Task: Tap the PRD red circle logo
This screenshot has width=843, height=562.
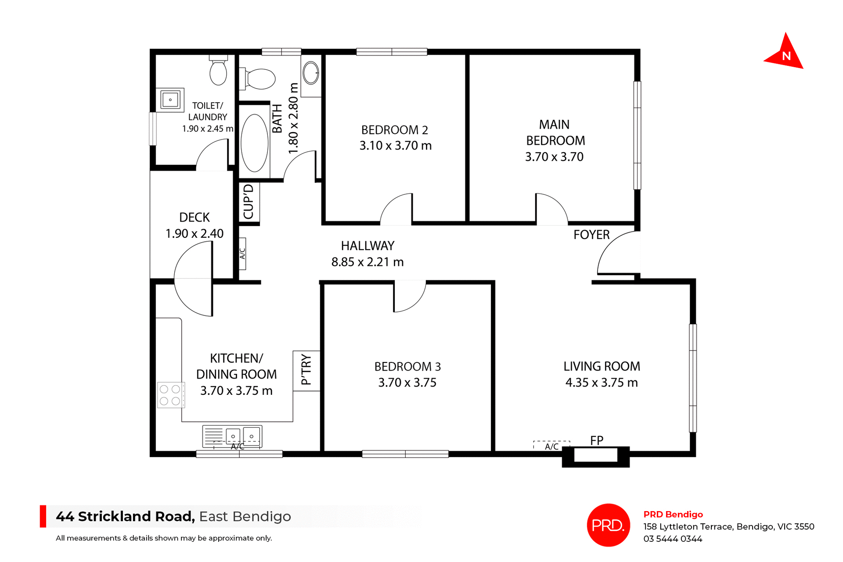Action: click(608, 525)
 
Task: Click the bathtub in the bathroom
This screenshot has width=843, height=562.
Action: click(255, 143)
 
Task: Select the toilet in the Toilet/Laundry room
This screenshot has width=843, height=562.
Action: click(218, 72)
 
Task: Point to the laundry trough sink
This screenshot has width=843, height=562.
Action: click(170, 100)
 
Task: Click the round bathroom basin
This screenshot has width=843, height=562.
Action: click(311, 72)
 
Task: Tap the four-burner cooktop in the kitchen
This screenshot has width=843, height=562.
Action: click(170, 395)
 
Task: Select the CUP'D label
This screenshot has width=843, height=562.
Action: click(249, 202)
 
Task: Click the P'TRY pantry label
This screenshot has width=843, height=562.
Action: click(306, 370)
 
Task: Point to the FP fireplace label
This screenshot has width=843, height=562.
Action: click(597, 440)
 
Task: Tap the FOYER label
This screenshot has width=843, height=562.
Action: click(591, 235)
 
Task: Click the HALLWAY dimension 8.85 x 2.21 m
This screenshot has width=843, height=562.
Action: click(367, 262)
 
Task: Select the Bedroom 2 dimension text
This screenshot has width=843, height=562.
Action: click(396, 146)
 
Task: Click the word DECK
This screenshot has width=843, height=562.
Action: click(195, 217)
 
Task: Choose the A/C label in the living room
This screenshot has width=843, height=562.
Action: click(551, 447)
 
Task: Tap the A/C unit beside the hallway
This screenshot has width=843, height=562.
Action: click(242, 254)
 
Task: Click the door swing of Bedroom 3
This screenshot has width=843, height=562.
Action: click(409, 297)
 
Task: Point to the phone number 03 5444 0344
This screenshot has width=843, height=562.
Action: click(673, 539)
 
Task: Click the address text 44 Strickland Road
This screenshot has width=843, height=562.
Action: click(125, 516)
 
